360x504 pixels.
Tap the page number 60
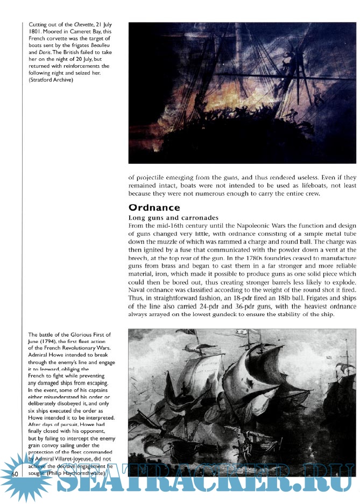pos(15,473)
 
